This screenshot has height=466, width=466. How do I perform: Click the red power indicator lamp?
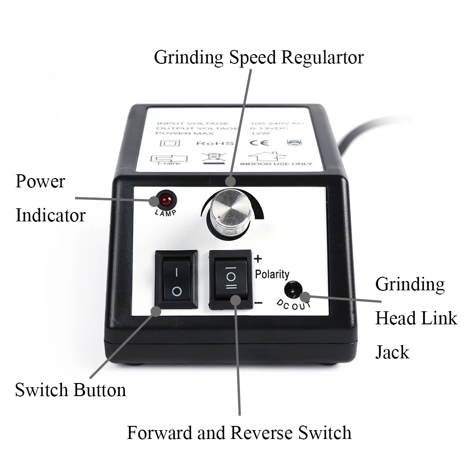tap(166, 200)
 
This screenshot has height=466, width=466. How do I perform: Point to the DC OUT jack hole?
tap(293, 290)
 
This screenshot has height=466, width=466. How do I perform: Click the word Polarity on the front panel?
tap(272, 274)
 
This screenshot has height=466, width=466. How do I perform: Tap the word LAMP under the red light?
tap(166, 213)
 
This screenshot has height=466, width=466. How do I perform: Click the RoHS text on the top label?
tap(211, 142)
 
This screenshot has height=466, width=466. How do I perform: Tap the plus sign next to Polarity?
tap(259, 259)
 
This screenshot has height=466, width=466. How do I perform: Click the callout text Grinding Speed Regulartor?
tap(259, 57)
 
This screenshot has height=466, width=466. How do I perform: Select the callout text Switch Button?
tap(70, 390)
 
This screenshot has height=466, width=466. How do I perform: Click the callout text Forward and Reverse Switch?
tap(239, 432)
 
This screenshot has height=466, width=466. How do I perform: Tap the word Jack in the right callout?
tap(392, 352)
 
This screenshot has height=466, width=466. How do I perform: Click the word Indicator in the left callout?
tap(50, 215)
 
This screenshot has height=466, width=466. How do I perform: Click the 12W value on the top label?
tap(259, 132)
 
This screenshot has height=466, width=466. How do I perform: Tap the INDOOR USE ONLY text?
tap(270, 164)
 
